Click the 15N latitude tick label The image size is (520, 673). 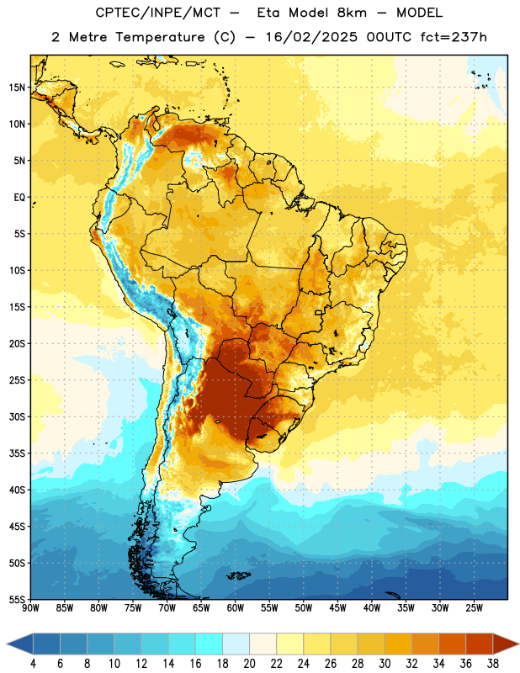17,87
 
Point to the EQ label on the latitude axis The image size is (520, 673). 19,198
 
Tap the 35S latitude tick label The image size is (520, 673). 17,453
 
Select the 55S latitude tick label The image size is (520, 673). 17,599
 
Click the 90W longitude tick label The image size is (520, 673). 31,608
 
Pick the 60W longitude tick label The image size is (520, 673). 236,608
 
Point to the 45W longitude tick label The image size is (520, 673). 337,608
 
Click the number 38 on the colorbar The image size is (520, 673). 493,664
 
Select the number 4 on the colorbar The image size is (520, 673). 33,664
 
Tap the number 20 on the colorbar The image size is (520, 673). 249,664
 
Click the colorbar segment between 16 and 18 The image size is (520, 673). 210,644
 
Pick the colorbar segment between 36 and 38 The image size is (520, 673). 480,644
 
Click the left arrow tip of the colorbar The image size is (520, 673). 7,644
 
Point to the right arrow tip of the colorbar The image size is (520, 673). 519,644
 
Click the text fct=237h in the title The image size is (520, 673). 454,37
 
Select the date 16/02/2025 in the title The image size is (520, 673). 311,37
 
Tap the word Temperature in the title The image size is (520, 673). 160,37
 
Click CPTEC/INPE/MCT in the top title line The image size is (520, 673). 157,13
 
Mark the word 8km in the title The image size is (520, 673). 352,13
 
